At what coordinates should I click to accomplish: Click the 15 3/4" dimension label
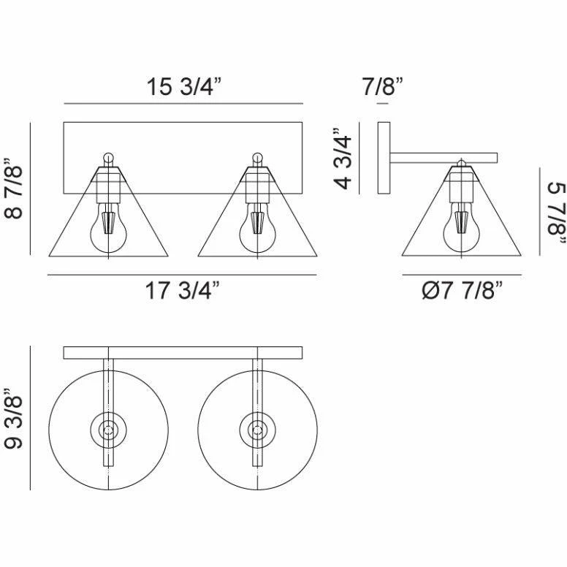(183, 86)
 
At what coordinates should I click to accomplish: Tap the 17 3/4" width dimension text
(183, 290)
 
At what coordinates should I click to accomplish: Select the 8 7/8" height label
(14, 188)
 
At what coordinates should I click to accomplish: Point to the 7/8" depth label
(383, 86)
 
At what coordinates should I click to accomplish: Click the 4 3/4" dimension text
(343, 158)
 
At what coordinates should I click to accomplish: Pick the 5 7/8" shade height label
(556, 213)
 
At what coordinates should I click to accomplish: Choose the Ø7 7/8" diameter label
(463, 290)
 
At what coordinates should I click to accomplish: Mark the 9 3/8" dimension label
(14, 419)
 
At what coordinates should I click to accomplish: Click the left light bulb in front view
(108, 228)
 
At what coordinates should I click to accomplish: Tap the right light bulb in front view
(257, 228)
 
